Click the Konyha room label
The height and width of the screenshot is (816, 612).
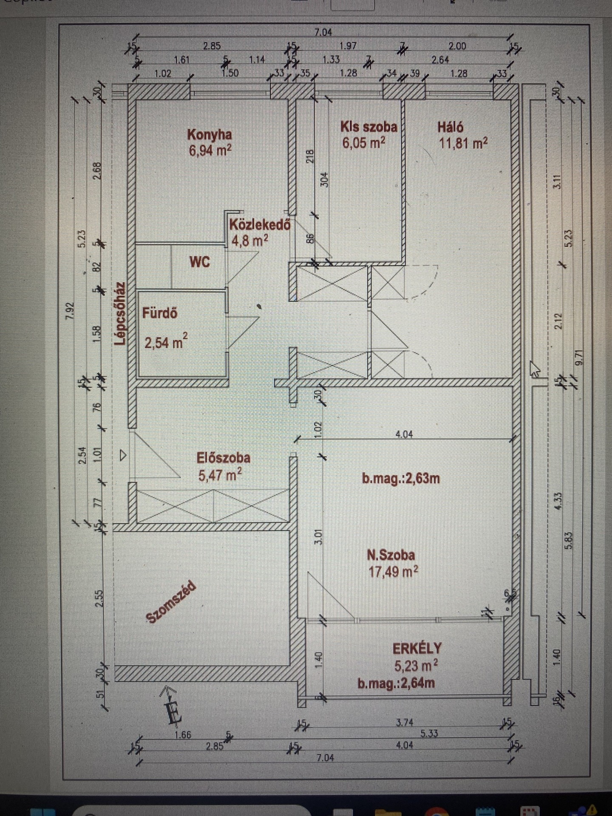[x=210, y=135]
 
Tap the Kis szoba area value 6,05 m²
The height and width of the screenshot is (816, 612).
[x=364, y=143]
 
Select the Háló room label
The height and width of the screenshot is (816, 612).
[x=450, y=127]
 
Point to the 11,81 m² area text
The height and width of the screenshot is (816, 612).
[x=463, y=143]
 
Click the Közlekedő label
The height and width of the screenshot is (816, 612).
[x=259, y=224]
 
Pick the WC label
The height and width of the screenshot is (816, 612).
[x=200, y=262]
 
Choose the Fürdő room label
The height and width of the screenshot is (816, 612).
[x=160, y=314]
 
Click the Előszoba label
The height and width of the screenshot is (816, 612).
[x=224, y=458]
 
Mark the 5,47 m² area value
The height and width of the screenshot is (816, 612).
[x=220, y=474]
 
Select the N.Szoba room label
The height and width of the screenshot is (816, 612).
[x=391, y=555]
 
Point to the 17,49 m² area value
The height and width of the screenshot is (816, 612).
[x=393, y=572]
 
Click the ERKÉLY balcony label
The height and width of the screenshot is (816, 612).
[x=417, y=649]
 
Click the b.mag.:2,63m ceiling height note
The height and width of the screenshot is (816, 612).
[x=401, y=479]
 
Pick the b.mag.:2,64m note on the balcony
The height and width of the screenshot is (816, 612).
[x=396, y=683]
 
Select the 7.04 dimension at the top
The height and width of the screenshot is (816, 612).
[x=323, y=32]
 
